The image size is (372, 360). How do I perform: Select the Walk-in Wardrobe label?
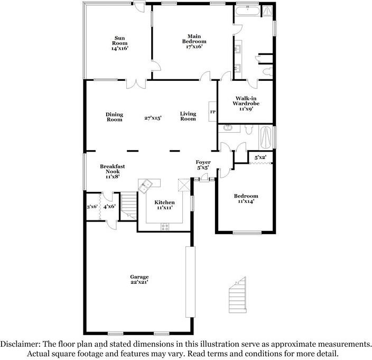246,104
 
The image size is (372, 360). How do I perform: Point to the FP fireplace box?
213,112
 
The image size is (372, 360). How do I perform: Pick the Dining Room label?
114,117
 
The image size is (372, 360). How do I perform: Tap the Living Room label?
188,116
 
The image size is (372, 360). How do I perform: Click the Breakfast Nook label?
112,171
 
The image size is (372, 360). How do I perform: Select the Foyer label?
203,165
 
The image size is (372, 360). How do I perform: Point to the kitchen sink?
146,185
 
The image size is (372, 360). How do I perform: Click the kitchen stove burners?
165,227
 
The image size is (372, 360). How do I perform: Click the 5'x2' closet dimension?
260,158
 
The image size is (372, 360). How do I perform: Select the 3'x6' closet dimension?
92,206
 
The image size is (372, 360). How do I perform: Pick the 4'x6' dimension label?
109,206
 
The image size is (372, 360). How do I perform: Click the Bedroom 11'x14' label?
246,199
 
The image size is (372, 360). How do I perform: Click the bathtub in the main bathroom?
247,10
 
